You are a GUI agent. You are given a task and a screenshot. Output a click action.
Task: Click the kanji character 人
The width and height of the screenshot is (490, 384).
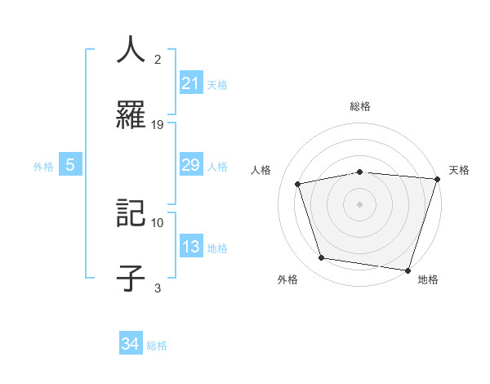[131, 50]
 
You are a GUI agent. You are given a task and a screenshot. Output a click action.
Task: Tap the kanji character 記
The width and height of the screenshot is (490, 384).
[131, 214]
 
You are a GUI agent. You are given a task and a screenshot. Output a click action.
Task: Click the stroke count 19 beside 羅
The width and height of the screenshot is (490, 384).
[158, 124]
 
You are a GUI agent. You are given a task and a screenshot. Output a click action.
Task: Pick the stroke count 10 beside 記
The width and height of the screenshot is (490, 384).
[158, 222]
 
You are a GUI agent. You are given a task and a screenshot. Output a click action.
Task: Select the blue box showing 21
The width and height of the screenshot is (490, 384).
[190, 83]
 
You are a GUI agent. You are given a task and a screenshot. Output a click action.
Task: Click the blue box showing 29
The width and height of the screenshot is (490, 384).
[190, 165]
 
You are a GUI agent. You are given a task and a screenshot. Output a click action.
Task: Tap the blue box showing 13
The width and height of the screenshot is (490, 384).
[190, 247]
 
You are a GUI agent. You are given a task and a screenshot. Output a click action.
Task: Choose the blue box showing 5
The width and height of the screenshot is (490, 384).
[70, 165]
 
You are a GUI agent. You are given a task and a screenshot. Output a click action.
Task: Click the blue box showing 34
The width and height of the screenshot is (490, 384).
[131, 344]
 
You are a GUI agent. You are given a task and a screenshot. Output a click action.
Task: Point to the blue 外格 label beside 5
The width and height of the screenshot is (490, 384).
[43, 166]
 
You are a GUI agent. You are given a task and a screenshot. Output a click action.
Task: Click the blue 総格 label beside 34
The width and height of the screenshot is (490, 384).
[157, 346]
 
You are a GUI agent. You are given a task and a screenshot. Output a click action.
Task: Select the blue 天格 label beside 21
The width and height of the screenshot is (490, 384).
[217, 84]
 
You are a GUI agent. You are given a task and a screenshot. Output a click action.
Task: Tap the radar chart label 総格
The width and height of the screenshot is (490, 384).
[359, 106]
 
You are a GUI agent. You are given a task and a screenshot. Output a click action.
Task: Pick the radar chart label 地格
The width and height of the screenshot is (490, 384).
[428, 279]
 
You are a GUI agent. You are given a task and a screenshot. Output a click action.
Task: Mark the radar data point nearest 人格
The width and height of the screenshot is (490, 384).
[298, 184]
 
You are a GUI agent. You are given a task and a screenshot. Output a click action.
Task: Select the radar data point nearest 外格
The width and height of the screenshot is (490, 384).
[322, 258]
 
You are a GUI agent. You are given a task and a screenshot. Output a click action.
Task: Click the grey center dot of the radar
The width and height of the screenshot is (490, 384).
[359, 203]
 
